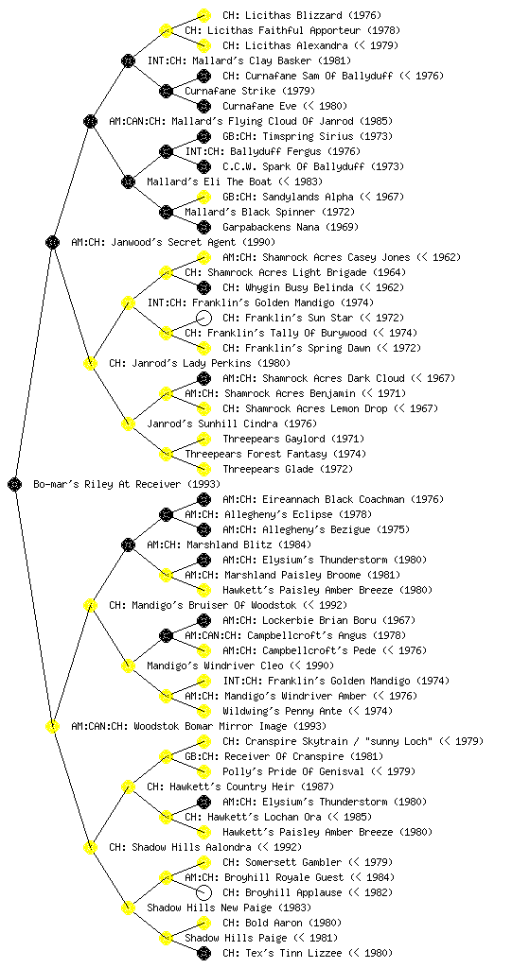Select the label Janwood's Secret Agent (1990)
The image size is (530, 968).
tap(173, 242)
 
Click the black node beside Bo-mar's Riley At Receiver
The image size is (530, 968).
tap(15, 484)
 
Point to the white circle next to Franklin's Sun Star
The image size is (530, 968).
tap(203, 318)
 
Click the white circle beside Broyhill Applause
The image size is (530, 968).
tap(203, 892)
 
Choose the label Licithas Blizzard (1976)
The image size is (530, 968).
tap(302, 15)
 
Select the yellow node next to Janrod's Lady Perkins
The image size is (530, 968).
tap(90, 363)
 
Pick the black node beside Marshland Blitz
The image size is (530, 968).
tap(128, 544)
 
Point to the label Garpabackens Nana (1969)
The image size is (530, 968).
tap(291, 227)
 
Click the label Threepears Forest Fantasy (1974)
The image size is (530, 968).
tap(275, 454)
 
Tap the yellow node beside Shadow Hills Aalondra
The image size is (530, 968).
tap(90, 847)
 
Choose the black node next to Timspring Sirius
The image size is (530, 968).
tap(203, 136)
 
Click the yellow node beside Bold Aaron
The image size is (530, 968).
tap(203, 923)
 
